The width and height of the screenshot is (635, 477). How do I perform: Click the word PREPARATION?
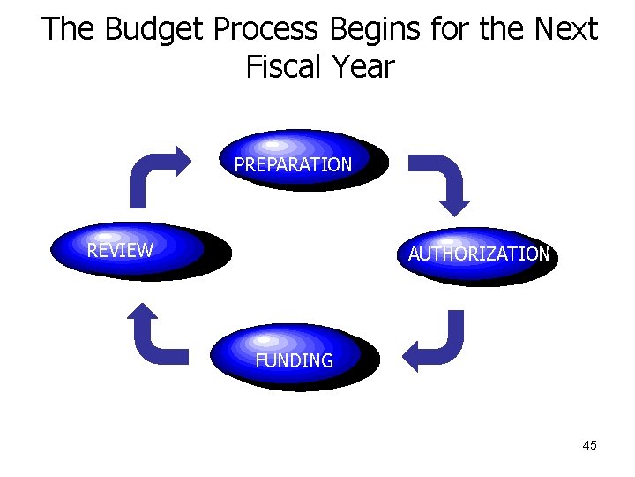pos(293,165)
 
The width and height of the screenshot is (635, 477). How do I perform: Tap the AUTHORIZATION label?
pos(478,254)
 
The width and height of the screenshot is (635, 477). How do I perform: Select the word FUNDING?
pos(294,360)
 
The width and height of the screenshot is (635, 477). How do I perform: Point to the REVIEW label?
pos(120,250)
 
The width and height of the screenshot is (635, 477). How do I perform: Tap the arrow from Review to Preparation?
pos(155,173)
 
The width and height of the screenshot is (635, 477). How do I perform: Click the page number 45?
pos(590,445)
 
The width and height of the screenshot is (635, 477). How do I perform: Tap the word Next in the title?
pos(564,30)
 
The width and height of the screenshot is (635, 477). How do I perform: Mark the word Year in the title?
pos(362,67)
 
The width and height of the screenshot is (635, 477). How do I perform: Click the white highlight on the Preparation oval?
pos(274,144)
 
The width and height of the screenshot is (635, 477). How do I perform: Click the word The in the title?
pos(69,30)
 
